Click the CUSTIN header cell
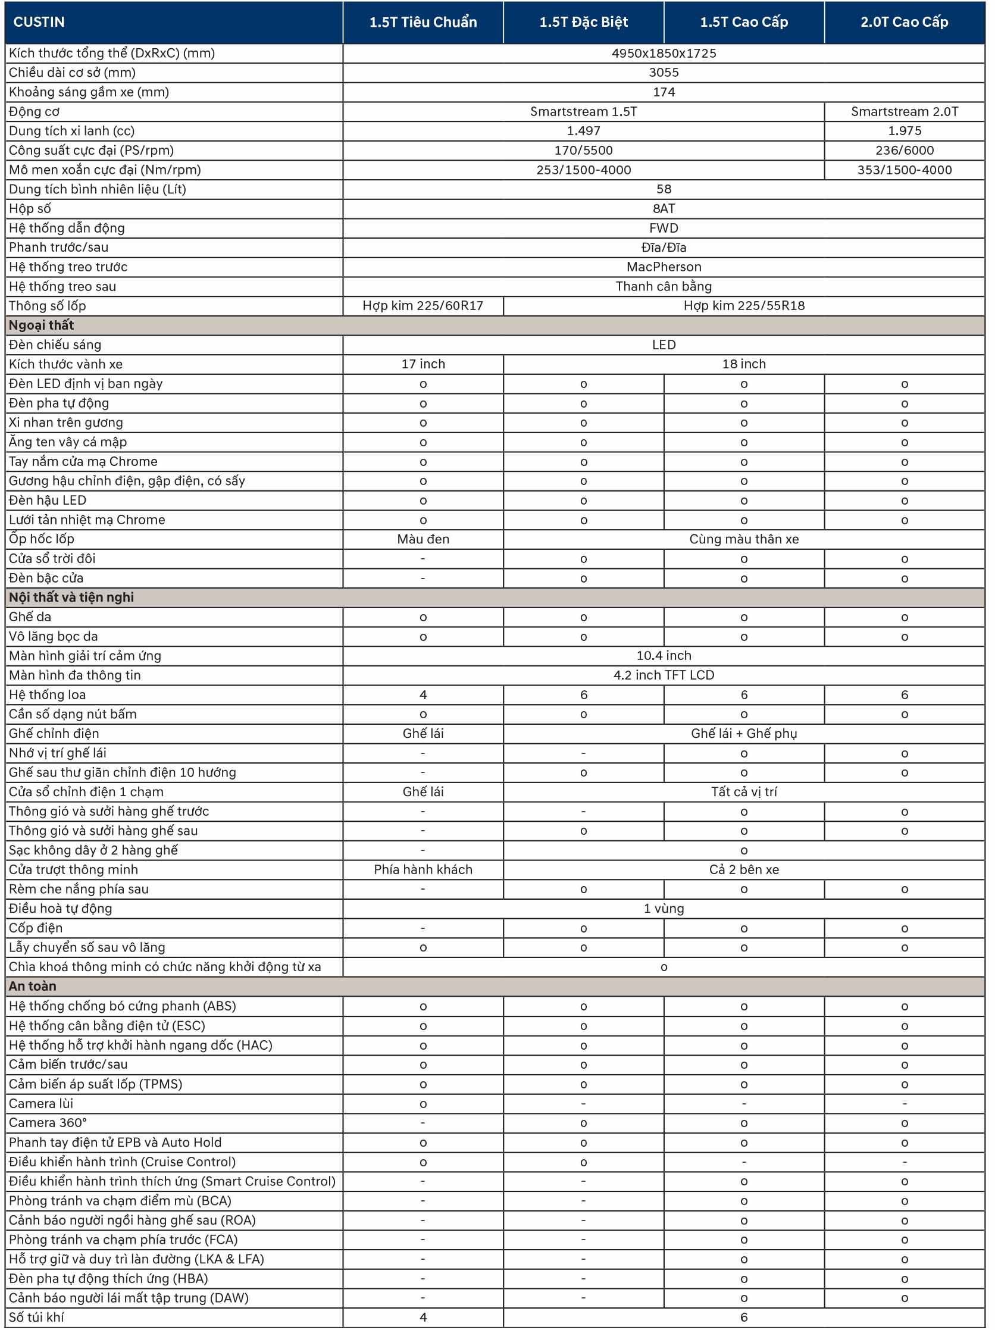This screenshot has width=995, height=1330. (39, 21)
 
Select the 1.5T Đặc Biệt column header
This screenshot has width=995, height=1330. (583, 21)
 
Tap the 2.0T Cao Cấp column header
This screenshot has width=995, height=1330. (903, 21)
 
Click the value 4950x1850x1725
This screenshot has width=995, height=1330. (663, 53)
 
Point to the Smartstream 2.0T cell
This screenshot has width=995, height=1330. (903, 111)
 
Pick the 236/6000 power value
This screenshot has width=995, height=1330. (903, 151)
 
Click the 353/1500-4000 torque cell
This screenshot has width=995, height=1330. (903, 170)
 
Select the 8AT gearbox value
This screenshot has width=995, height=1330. (663, 209)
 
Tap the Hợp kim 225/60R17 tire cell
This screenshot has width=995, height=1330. (423, 305)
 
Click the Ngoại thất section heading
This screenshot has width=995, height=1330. (42, 326)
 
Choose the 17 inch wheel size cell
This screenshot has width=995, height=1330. (423, 364)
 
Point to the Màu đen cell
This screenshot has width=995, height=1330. (423, 539)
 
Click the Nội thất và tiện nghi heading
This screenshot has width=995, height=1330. (71, 597)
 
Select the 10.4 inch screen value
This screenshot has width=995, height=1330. (663, 655)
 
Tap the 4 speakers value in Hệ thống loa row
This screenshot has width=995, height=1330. (423, 694)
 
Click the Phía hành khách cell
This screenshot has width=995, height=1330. (423, 869)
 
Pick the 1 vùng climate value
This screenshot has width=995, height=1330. (663, 909)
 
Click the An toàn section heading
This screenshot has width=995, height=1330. (33, 986)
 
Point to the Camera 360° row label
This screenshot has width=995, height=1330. (48, 1122)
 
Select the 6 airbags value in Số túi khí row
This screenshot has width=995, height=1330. (744, 1317)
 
